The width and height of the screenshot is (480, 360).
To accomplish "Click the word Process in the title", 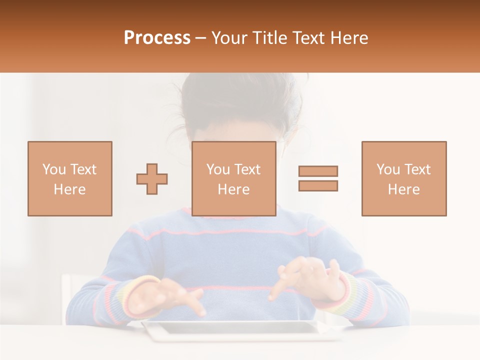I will click(157, 38).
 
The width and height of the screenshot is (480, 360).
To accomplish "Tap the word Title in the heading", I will click(270, 38).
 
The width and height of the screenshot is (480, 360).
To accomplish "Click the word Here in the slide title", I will click(352, 38).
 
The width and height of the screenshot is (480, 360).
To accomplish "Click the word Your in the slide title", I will click(229, 38).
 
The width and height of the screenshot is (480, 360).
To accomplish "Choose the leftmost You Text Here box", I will click(70, 178).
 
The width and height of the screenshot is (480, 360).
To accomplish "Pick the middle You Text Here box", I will click(233, 178).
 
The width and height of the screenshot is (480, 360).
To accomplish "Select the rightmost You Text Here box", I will click(403, 178).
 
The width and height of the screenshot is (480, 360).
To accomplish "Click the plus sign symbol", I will click(152, 179).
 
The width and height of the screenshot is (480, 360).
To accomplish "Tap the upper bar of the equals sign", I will click(318, 171).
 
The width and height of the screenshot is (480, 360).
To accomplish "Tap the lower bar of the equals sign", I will click(318, 185).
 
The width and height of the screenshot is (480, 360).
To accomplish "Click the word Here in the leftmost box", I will click(69, 189).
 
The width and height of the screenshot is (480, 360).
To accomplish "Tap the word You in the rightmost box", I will click(387, 169).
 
